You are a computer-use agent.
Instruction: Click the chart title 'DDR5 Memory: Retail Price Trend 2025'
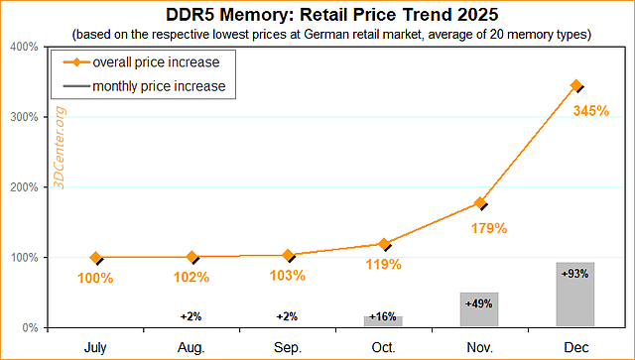pyautogui.click(x=317, y=16)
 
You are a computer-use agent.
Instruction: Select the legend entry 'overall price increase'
pyautogui.click(x=156, y=61)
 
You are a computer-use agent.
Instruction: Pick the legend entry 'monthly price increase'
pyautogui.click(x=159, y=86)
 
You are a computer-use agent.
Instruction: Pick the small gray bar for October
pyautogui.click(x=383, y=321)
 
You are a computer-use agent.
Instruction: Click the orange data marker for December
pyautogui.click(x=575, y=86)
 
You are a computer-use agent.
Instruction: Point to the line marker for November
pyautogui.click(x=479, y=202)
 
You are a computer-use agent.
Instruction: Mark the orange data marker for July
pyautogui.click(x=95, y=258)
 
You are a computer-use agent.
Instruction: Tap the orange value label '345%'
pyautogui.click(x=591, y=111)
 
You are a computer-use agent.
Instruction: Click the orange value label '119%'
pyautogui.click(x=383, y=265)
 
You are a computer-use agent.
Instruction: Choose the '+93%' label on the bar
pyautogui.click(x=575, y=273)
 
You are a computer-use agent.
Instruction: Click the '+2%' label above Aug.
pyautogui.click(x=190, y=316)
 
